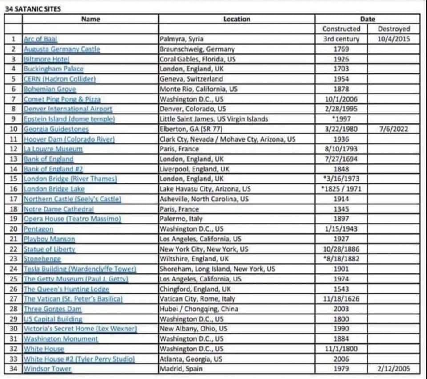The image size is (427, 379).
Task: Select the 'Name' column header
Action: (91, 19)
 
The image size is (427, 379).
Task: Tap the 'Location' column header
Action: (237, 19)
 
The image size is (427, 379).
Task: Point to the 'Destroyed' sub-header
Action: (394, 29)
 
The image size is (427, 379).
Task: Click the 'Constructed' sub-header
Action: (341, 29)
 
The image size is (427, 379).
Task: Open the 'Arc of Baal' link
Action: (40, 39)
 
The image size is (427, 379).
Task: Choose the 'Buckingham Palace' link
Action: (53, 69)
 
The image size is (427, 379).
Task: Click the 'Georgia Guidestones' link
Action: (56, 129)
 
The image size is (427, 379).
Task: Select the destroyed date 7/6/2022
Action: (394, 129)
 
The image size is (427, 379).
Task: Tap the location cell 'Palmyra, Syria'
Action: (181, 39)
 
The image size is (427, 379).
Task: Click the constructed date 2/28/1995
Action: (341, 109)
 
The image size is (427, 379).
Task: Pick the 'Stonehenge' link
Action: (42, 259)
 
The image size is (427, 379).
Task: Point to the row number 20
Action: (13, 229)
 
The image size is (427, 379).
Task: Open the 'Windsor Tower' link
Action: (48, 369)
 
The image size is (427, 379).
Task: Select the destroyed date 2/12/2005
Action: (394, 369)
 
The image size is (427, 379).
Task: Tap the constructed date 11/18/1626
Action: (341, 299)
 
